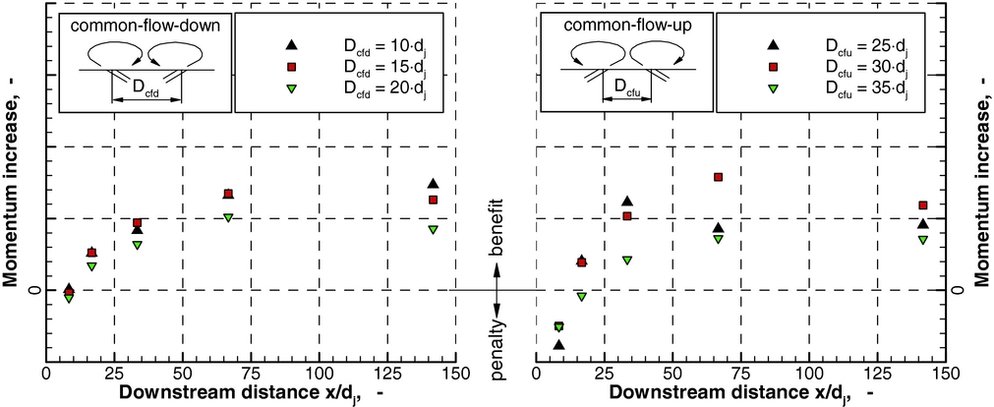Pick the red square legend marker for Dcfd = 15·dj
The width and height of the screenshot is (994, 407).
point(290,67)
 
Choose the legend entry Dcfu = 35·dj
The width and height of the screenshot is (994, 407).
point(865,88)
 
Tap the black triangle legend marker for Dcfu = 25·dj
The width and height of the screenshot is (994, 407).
point(774,45)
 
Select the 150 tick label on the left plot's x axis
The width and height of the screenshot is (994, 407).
point(454,375)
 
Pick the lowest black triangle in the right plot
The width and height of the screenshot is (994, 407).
point(559,345)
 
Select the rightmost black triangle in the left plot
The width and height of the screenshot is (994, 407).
point(433,184)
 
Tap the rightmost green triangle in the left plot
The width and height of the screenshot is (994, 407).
point(433,230)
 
